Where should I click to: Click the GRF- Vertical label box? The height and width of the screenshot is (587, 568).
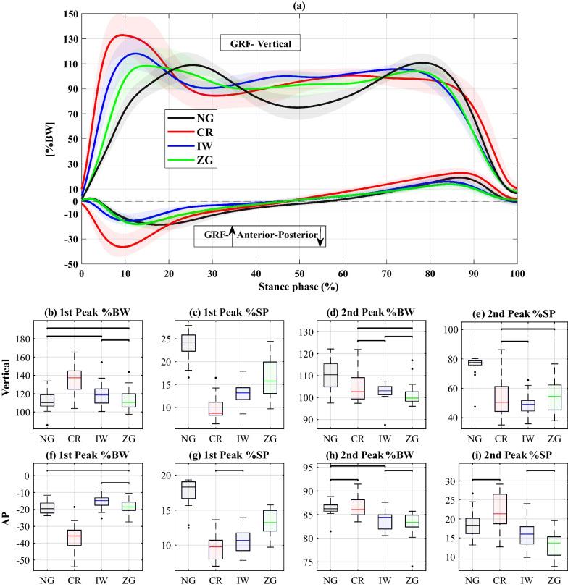[x=261, y=43]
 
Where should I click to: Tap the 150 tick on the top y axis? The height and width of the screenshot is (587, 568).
[x=70, y=14]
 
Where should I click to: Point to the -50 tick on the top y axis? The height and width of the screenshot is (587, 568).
[x=70, y=264]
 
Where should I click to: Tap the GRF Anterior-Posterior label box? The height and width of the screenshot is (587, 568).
[x=259, y=236]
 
